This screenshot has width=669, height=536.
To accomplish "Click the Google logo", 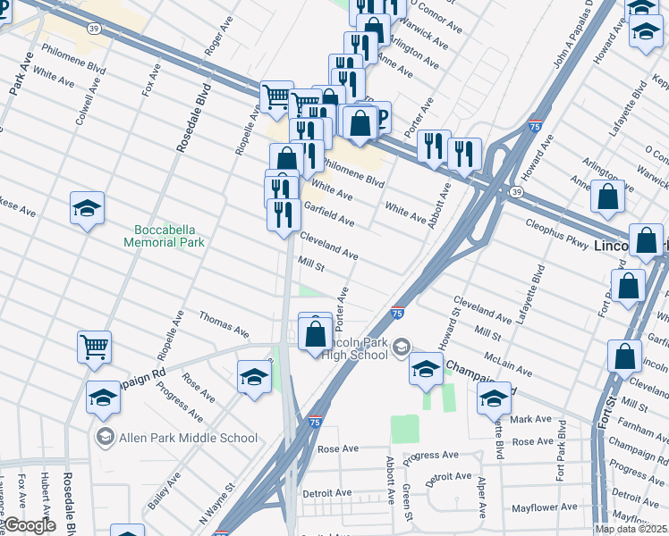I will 30,525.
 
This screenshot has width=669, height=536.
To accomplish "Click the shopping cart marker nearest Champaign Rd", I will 94,347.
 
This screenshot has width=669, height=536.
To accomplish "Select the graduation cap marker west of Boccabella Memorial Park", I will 87,208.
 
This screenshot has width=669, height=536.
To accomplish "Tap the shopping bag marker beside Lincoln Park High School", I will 315,332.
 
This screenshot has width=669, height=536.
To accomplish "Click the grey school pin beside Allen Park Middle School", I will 106,437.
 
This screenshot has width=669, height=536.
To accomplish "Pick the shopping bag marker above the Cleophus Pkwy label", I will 607,197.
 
